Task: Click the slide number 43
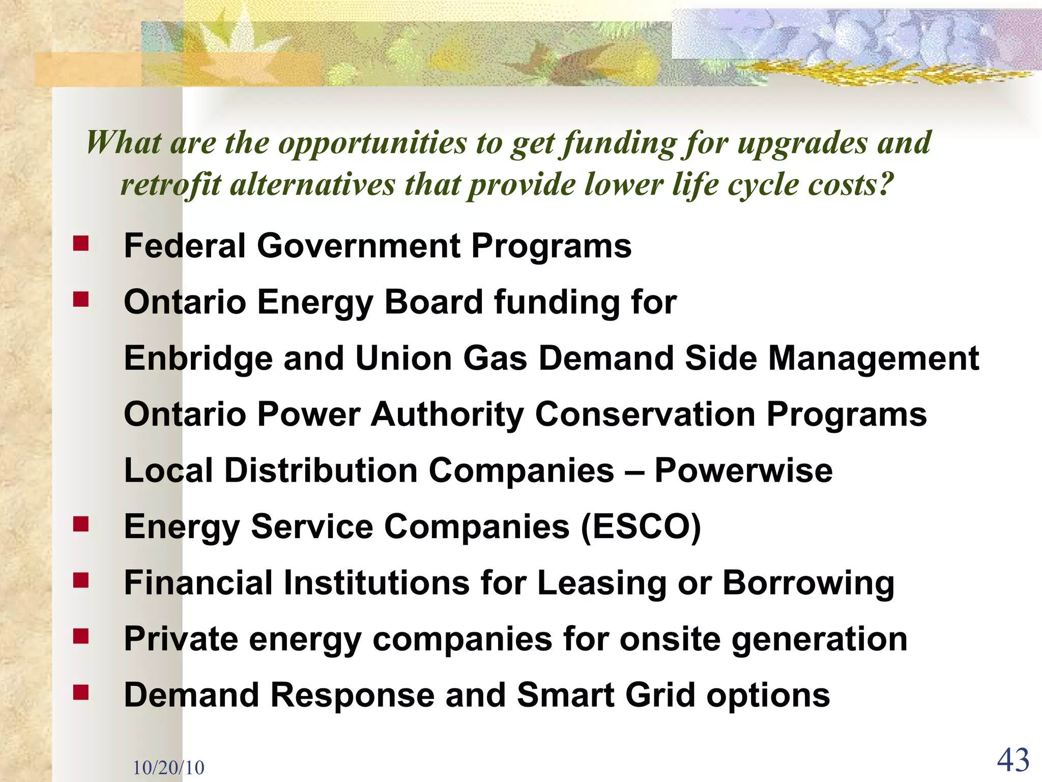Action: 1013,761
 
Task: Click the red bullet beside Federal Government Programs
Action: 80,243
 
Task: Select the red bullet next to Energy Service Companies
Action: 80,524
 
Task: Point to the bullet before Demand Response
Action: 80,692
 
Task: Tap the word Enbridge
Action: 198,359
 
